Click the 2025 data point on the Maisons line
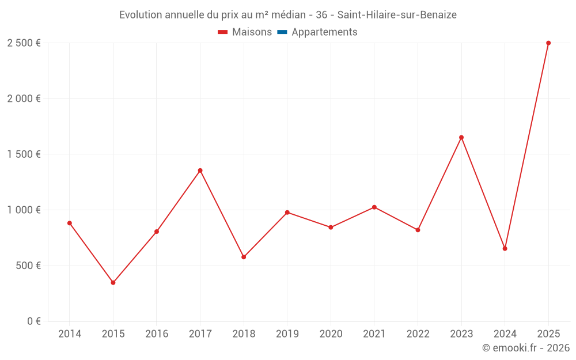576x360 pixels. pos(548,43)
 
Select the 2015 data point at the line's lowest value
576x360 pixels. pos(113,283)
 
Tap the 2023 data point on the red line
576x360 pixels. pos(461,138)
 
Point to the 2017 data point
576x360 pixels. pos(200,170)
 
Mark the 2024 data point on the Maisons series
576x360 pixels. pos(505,249)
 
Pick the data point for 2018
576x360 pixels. pos(244,257)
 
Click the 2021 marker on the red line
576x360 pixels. pos(374,207)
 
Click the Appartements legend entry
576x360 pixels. pos(324,32)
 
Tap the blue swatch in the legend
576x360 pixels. pos(282,32)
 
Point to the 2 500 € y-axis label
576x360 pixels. pos(24,43)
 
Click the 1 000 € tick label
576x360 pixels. pos(24,210)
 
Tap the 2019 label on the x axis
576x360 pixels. pos(287,334)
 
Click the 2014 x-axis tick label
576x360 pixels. pos(70,334)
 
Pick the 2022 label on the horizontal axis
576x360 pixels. pos(418,334)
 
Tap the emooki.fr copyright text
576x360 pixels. pos(526,348)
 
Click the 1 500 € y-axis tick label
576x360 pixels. pos(24,154)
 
